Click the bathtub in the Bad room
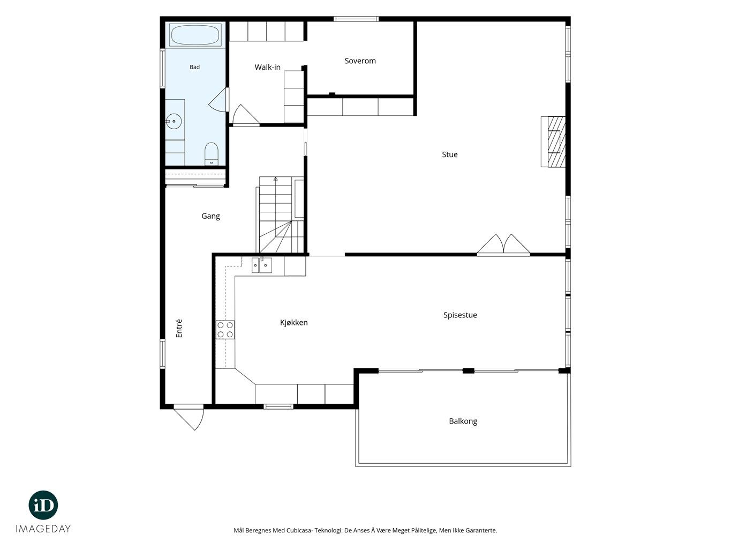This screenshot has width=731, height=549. pyautogui.click(x=195, y=35)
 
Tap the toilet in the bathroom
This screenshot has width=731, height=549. pyautogui.click(x=211, y=154)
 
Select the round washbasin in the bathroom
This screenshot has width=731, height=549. pyautogui.click(x=174, y=121)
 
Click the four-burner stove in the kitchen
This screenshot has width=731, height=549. pyautogui.click(x=225, y=330)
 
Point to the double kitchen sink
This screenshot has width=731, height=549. pyautogui.click(x=262, y=265)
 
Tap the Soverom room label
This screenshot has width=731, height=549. pyautogui.click(x=360, y=61)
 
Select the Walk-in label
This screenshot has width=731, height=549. pyautogui.click(x=267, y=68)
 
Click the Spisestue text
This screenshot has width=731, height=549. pyautogui.click(x=460, y=315)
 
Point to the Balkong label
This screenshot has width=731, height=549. pyautogui.click(x=463, y=421)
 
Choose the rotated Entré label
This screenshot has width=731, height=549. pyautogui.click(x=179, y=328)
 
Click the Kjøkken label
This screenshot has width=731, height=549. pyautogui.click(x=293, y=323)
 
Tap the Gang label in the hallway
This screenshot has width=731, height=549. pyautogui.click(x=210, y=217)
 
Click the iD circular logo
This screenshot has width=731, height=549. pyautogui.click(x=43, y=505)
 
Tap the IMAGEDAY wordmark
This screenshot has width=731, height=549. pyautogui.click(x=43, y=529)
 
